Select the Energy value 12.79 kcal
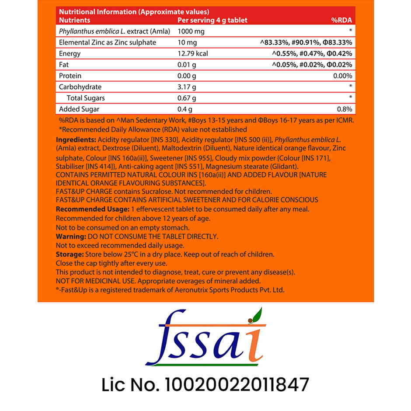192,54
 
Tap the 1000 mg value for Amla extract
191,31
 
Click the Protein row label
70,76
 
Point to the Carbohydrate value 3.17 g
187,87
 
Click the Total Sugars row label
86,98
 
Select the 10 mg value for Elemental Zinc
187,43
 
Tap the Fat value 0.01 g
187,65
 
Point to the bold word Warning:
71,237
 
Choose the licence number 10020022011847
236,385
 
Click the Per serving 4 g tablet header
212,20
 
